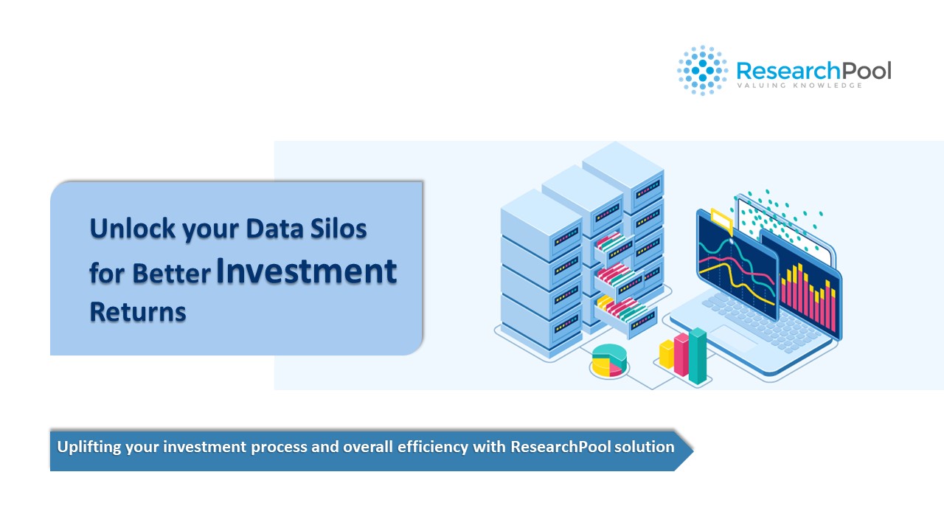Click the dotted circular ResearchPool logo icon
[702, 70]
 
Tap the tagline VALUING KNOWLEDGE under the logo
[800, 86]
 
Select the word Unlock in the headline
[133, 229]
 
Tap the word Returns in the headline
[138, 312]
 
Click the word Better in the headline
[172, 274]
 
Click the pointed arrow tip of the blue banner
[693, 450]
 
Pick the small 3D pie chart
[609, 360]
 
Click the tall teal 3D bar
[698, 356]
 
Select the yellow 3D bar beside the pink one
[667, 353]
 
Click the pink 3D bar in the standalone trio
[681, 355]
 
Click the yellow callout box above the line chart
[721, 220]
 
